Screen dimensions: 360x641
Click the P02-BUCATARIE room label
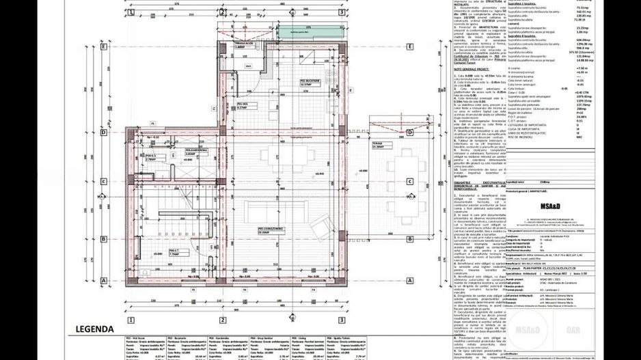tap(312, 81)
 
